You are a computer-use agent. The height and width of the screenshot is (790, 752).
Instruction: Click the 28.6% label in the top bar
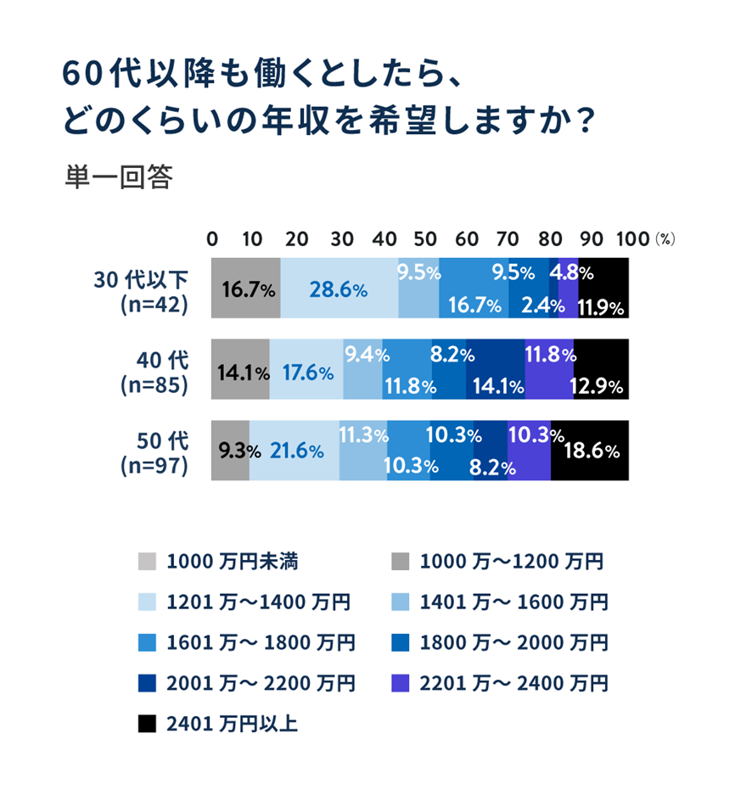point(338,290)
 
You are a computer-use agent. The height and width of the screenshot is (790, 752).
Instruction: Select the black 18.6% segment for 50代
point(590,451)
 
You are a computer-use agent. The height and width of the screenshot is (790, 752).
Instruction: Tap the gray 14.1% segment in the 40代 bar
point(240,370)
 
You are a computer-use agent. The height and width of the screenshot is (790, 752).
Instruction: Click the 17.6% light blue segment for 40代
point(306,370)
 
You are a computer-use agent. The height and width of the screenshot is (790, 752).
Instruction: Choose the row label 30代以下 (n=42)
point(152,290)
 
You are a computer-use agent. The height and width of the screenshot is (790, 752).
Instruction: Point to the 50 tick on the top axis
point(422,238)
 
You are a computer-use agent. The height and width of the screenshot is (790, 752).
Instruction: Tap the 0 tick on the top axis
point(212,238)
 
